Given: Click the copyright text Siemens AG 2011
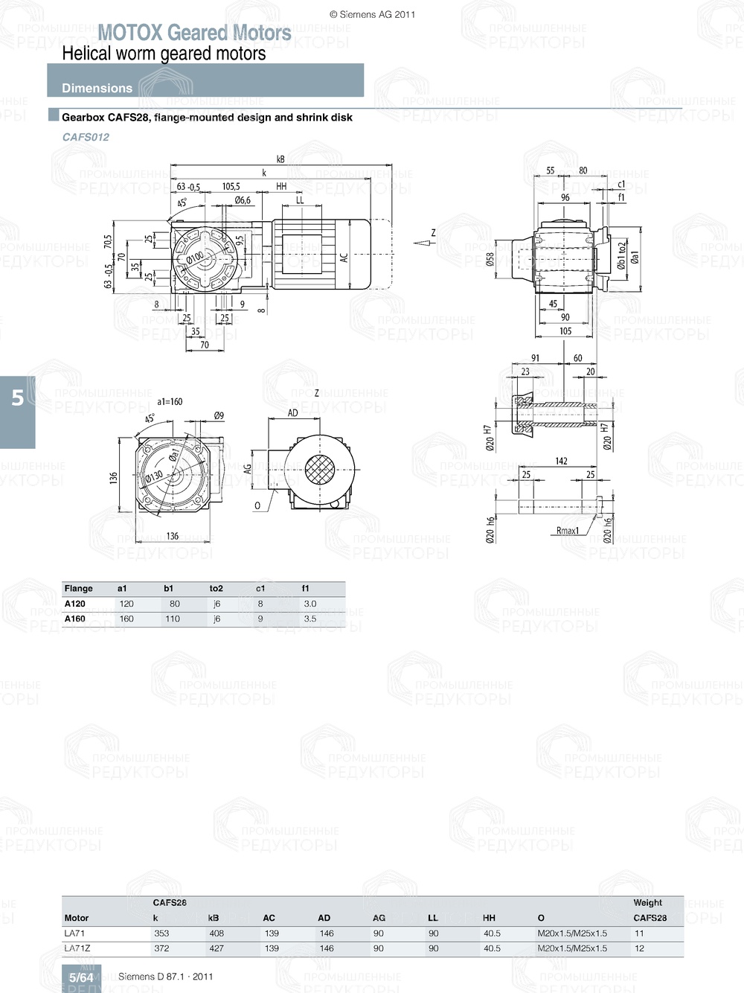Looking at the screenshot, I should pos(372,14).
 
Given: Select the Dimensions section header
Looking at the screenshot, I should pos(97,88).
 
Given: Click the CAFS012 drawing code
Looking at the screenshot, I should pos(86,137).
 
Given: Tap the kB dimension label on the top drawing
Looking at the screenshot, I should pos(280,159).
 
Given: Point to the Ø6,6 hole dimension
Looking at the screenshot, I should pos(243,200).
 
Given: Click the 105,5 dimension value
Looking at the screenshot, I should pos(231,187).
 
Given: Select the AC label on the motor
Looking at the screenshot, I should pos(344,257).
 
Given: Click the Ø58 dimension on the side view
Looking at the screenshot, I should pos(490,258).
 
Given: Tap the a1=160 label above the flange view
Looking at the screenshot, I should pos(170,401).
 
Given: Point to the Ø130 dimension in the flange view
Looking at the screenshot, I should pos(154,476).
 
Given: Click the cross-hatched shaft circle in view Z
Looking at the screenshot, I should pos(318,471).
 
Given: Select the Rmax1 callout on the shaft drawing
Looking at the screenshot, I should pos(567,531).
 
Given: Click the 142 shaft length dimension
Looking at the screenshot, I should pos(561,462).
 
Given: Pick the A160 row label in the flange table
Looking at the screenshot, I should pos(74,619).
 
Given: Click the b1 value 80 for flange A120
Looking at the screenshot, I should pos(174,604).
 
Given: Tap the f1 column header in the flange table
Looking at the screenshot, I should pos(305,588).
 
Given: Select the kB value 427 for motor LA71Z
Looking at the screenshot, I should pos(216,948).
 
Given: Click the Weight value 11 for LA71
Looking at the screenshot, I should pos(639,933).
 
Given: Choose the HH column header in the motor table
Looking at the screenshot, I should pos(489,918).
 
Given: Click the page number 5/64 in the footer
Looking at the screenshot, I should pos(81,977).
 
